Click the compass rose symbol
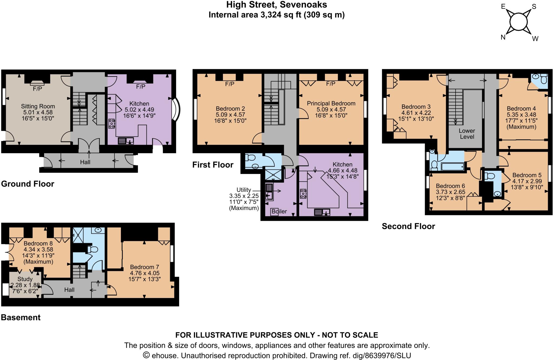coord(519,22)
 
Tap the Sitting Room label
coord(38,106)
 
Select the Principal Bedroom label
coord(331,103)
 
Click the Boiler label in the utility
coord(279,211)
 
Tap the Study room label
coord(25,279)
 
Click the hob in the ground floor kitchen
coord(111,124)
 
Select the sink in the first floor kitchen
coord(322,212)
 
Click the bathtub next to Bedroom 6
coord(453,166)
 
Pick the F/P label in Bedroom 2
coord(230,84)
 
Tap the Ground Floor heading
coord(28,184)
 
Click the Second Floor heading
coord(408,226)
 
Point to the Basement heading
coord(21,317)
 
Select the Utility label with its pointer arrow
coord(244,190)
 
